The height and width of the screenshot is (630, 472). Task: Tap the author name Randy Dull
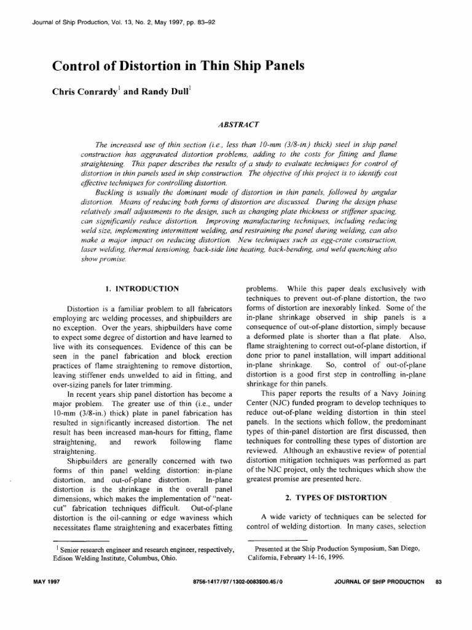(x=160, y=94)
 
